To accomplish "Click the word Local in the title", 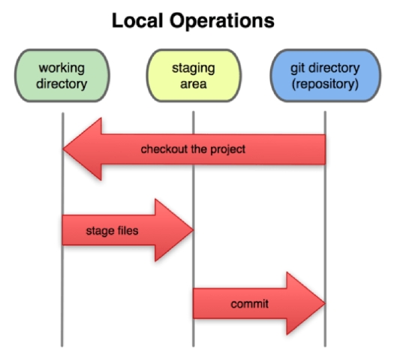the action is tap(137, 20).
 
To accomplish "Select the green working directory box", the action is tap(62, 76).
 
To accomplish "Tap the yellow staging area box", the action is tap(194, 76).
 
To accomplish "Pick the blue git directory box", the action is tap(326, 76).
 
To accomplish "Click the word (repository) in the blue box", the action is tap(325, 85).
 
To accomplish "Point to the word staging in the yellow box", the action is tap(194, 69).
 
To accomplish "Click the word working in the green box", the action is tap(62, 69).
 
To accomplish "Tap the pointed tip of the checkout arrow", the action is tap(63, 149).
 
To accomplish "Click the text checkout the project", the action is tap(193, 149).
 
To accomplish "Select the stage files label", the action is tap(113, 231).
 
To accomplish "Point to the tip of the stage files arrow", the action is tap(194, 230).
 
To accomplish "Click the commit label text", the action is tap(249, 304).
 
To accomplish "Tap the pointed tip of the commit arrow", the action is tap(325, 303).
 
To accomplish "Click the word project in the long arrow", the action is tap(228, 150).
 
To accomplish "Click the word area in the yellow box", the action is tap(194, 85).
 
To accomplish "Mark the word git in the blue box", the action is tap(297, 68).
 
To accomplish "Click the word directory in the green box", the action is tap(62, 84).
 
